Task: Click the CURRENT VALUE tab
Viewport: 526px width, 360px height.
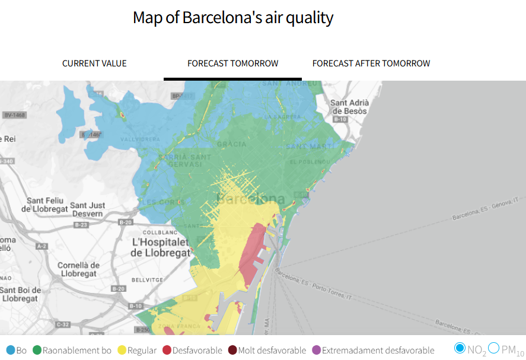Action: click(x=94, y=63)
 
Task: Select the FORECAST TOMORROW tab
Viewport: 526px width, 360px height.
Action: click(x=232, y=63)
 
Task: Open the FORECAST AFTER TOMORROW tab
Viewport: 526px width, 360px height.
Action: click(x=371, y=63)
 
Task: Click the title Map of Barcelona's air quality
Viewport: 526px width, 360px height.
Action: click(x=233, y=18)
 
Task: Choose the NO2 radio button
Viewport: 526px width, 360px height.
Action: click(x=460, y=348)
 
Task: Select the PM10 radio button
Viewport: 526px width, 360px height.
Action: click(x=493, y=348)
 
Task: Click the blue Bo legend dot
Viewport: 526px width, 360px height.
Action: click(x=10, y=351)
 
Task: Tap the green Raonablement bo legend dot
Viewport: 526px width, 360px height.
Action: click(x=37, y=351)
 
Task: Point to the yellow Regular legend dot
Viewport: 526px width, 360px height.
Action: click(x=122, y=351)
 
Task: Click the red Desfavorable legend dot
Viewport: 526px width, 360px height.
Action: click(x=167, y=351)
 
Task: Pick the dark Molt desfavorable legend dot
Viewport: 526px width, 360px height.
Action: click(x=232, y=351)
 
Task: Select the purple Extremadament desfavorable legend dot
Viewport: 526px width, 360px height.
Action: click(x=316, y=351)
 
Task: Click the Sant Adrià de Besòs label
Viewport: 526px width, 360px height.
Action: click(x=349, y=106)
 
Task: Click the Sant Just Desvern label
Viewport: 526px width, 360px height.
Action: click(x=88, y=209)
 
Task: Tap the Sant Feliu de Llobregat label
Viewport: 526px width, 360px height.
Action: click(x=43, y=204)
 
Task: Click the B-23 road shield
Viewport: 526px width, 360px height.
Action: click(x=81, y=225)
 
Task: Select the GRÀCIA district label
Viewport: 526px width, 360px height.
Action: click(x=231, y=144)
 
